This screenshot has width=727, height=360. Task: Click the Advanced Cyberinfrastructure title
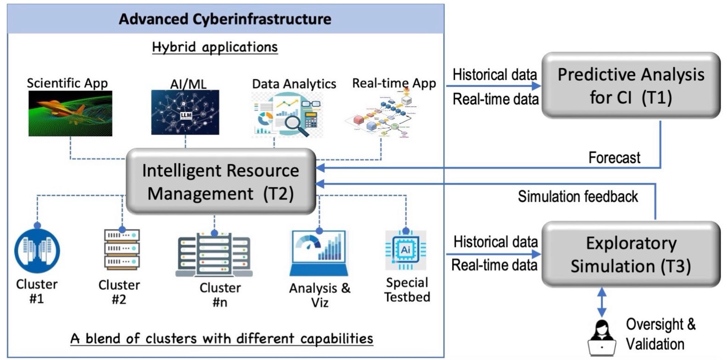[x=225, y=19]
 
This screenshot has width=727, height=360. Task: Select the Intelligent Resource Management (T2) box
[x=221, y=182]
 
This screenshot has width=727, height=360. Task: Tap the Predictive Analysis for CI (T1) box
[x=631, y=86]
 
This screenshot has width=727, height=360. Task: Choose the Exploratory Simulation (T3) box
[x=631, y=255]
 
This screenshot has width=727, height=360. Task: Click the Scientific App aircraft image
[x=70, y=114]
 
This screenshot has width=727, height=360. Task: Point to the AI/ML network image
[x=185, y=112]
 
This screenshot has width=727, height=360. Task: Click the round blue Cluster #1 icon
[x=37, y=251]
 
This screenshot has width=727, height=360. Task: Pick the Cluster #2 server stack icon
[x=122, y=249]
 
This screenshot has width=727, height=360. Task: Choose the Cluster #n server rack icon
[x=214, y=256]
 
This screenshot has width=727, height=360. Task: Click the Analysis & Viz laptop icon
[x=319, y=254]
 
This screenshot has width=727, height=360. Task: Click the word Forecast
[x=614, y=158]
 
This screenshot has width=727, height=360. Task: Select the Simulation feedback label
[x=578, y=197]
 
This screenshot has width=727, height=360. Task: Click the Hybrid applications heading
[x=215, y=47]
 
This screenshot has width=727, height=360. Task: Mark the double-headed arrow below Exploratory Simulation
[x=602, y=302]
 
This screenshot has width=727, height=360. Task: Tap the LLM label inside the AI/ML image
[x=186, y=115]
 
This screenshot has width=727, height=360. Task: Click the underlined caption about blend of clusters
[x=222, y=339]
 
